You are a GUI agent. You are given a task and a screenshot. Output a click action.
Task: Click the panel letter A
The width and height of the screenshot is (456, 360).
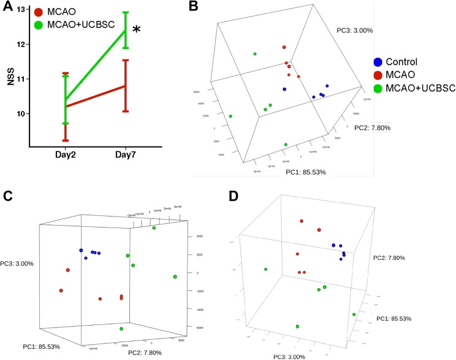pyautogui.click(x=7, y=9)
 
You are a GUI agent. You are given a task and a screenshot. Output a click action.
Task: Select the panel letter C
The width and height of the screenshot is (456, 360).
pyautogui.click(x=6, y=197)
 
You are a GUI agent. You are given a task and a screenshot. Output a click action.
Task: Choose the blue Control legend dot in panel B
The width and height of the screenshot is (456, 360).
pyautogui.click(x=378, y=61)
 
